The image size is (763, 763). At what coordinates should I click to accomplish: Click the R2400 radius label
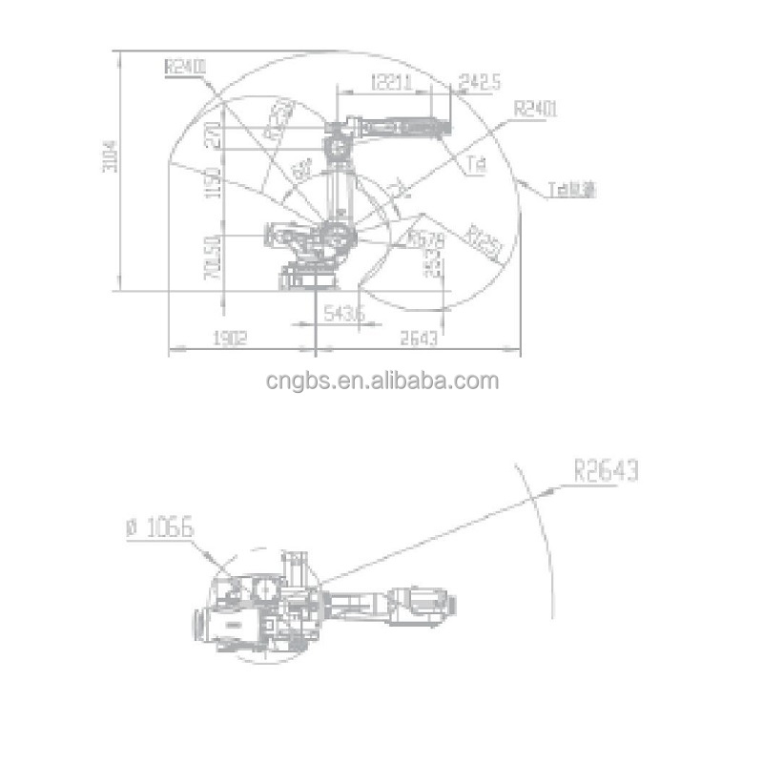184,67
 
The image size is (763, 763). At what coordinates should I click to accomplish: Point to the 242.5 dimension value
480,83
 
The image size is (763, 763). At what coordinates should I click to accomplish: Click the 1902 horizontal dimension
230,338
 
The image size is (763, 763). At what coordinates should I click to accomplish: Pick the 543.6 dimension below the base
341,312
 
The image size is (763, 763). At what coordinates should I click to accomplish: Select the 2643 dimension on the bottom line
419,338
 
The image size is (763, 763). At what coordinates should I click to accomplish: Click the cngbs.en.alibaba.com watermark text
382,381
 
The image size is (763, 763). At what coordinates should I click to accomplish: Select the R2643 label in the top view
606,471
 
